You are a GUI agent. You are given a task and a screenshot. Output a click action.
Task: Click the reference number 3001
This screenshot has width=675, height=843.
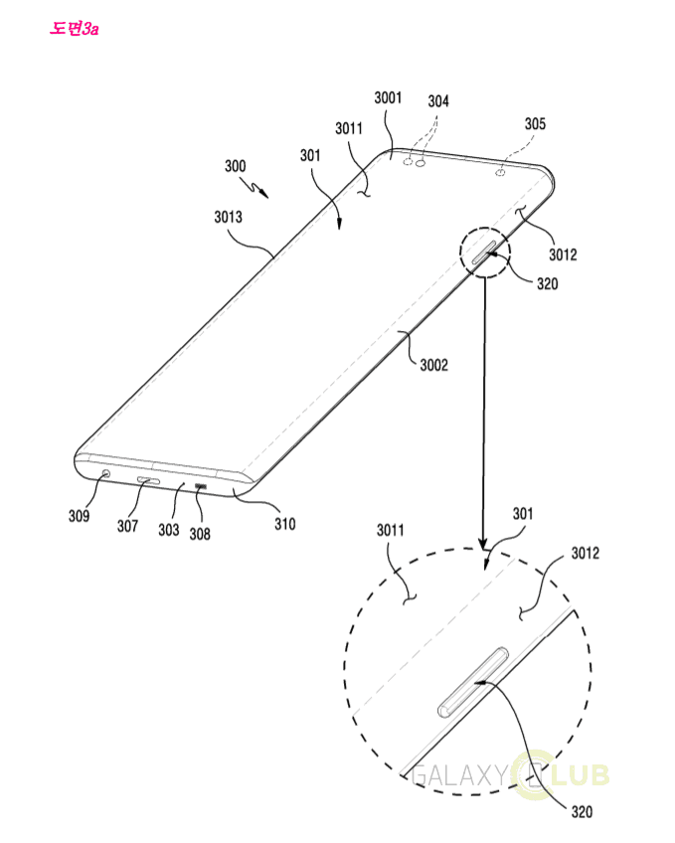point(387,97)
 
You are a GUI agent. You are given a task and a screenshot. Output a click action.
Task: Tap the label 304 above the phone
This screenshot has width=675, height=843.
point(438,101)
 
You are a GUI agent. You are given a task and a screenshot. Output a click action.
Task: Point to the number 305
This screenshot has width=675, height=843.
point(535,124)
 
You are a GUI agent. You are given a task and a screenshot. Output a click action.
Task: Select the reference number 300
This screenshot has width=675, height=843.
point(236,166)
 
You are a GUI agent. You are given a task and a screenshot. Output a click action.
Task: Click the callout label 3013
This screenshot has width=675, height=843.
point(229,215)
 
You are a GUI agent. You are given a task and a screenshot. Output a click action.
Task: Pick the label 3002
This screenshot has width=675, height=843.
point(432,365)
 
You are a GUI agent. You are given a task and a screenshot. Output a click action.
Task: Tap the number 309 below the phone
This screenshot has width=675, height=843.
point(80,516)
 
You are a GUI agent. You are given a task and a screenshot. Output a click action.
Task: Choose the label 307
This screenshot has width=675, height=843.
point(127,526)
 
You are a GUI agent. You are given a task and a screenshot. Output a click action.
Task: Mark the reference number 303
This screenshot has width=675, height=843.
point(169,530)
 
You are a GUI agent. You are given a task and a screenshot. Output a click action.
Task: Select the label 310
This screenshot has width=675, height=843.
point(284,523)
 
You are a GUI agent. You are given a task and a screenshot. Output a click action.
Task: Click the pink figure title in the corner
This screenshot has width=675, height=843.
point(75,28)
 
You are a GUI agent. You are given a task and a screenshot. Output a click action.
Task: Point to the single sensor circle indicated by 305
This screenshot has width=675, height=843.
point(501,171)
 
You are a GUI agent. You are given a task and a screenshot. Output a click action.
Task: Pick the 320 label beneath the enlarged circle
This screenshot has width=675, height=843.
point(582,812)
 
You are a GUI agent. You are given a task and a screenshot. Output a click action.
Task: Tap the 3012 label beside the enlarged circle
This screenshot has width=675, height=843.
point(587,552)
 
